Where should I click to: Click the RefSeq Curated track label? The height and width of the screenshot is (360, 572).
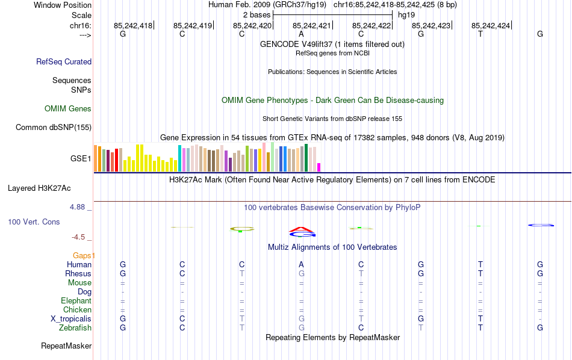(64, 61)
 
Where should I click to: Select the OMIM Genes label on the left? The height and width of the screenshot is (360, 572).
(68, 109)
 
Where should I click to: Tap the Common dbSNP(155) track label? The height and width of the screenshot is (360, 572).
(54, 127)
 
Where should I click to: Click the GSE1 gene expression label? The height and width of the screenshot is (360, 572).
(81, 159)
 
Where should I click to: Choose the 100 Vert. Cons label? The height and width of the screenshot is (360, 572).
(34, 222)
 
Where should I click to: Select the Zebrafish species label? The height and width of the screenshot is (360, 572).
(75, 328)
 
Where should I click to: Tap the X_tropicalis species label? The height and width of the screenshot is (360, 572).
(71, 319)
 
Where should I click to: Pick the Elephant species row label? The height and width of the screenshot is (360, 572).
(76, 301)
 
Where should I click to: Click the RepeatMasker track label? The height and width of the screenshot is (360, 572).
(66, 346)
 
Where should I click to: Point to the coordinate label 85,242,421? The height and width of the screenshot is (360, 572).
(312, 26)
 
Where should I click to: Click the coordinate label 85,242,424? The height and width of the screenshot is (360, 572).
(491, 26)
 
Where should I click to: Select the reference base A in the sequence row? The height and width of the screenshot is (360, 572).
(301, 34)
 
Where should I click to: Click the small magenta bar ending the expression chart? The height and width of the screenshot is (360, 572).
(319, 167)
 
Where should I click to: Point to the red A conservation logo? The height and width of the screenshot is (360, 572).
(302, 229)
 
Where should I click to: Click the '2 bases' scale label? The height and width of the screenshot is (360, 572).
(256, 14)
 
